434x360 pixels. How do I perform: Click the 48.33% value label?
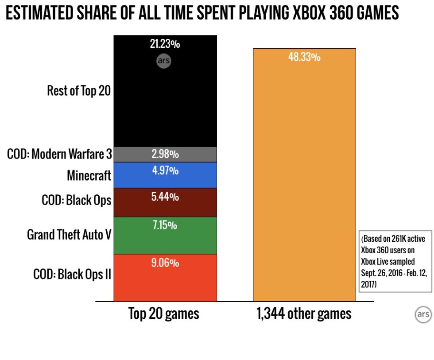point(304,58)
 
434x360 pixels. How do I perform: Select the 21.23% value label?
point(165,44)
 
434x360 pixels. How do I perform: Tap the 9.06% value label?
point(165,263)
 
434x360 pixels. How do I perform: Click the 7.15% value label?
point(165,226)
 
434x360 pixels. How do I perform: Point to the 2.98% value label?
point(165,155)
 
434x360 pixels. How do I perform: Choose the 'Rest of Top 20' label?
point(79,91)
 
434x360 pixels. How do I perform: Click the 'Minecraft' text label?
point(89,176)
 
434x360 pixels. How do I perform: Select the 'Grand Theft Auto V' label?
point(69,234)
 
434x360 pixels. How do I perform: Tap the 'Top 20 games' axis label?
point(164,314)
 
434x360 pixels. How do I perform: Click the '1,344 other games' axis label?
point(304,314)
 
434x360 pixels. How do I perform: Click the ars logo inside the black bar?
point(163,61)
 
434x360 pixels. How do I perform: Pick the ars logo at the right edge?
point(422,314)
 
